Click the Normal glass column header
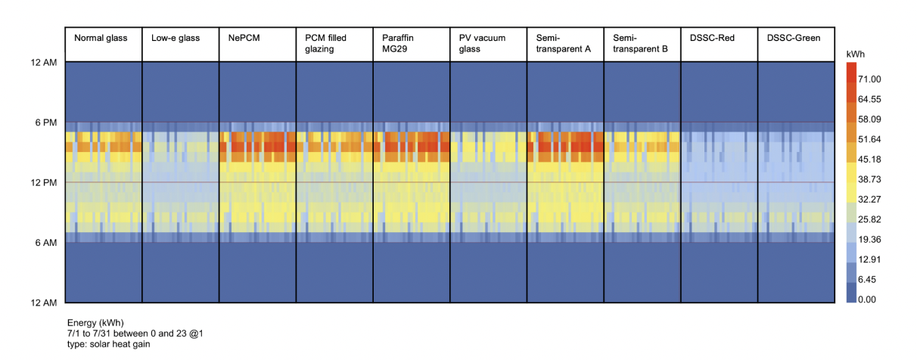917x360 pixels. [x=101, y=38]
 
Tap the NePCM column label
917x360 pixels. [x=244, y=38]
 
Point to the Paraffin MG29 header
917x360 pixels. [x=399, y=43]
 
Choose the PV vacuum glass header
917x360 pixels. [x=482, y=43]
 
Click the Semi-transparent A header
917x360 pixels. [x=561, y=43]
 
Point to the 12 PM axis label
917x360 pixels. [x=42, y=183]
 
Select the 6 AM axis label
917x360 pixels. [x=45, y=243]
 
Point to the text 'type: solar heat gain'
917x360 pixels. [x=109, y=344]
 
